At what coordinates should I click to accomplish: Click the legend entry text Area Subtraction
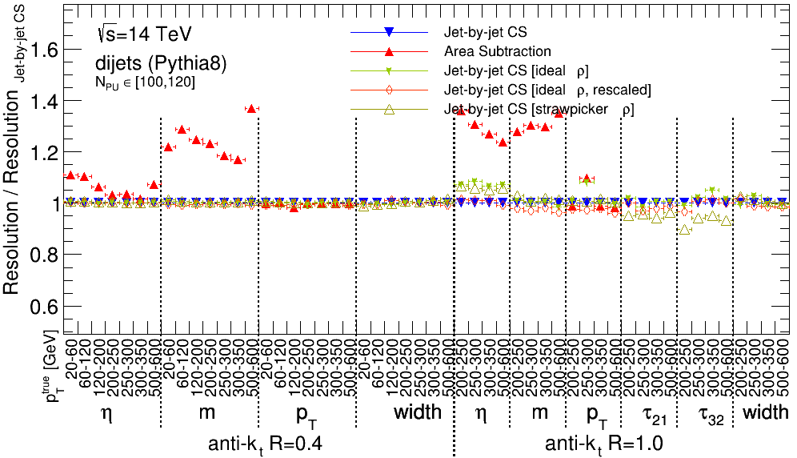(x=497, y=51)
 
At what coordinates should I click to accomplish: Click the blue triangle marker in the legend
(x=388, y=32)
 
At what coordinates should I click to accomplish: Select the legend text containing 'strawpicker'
(x=539, y=108)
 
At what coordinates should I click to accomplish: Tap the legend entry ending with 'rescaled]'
(x=547, y=89)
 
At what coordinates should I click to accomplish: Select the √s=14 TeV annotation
(x=143, y=35)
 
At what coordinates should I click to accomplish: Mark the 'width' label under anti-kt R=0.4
(x=418, y=412)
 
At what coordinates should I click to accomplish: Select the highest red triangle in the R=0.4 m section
(x=251, y=108)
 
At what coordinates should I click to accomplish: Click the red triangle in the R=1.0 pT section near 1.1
(x=586, y=179)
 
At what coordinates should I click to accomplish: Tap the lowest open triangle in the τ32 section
(x=684, y=230)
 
